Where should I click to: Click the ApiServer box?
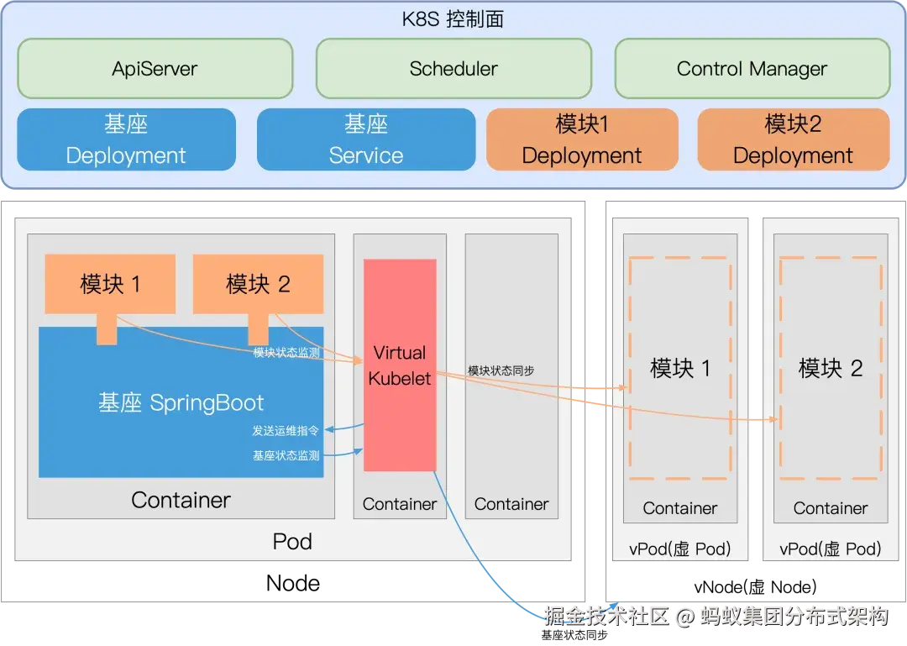(155, 68)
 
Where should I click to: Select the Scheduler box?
(453, 68)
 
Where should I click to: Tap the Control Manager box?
(752, 68)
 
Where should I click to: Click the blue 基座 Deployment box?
(126, 139)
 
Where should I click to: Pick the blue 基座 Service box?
(366, 139)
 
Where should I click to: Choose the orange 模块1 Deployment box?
(582, 139)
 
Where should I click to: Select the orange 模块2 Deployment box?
(793, 139)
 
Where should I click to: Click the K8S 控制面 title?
(453, 18)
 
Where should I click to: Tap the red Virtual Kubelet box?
(400, 365)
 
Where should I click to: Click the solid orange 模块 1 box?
(110, 284)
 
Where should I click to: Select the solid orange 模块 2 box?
(258, 284)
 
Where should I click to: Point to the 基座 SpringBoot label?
(181, 402)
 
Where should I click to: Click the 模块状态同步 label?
(501, 370)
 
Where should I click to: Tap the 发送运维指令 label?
(286, 431)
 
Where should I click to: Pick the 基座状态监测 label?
(286, 455)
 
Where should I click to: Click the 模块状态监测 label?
(286, 353)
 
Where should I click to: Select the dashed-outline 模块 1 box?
(680, 368)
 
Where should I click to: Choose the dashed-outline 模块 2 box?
(831, 368)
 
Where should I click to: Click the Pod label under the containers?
(292, 541)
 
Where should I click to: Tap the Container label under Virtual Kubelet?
(400, 504)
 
